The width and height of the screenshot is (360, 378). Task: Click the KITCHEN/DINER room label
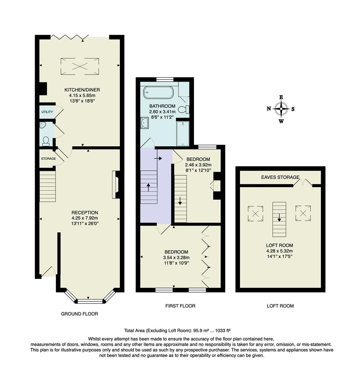tap(80, 90)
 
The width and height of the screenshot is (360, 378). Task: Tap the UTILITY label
tap(47, 112)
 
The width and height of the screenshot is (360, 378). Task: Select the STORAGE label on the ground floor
tap(48, 159)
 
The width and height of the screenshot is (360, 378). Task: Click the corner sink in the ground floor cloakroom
tap(43, 126)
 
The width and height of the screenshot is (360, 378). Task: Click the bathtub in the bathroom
tap(158, 93)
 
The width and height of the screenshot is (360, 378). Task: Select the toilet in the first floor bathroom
tap(183, 110)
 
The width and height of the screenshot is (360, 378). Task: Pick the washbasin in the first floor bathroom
tap(144, 122)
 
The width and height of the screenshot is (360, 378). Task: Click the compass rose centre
tap(281, 108)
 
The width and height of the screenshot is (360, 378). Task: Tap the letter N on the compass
tap(269, 108)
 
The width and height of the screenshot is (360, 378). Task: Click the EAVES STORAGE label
tap(280, 177)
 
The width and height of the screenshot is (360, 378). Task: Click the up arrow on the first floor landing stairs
tap(149, 187)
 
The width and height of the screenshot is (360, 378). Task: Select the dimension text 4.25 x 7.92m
tap(85, 218)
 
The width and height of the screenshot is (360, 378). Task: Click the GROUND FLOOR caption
tap(79, 314)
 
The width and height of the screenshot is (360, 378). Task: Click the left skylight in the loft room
tap(255, 213)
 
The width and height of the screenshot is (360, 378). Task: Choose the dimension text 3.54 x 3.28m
tap(176, 257)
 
